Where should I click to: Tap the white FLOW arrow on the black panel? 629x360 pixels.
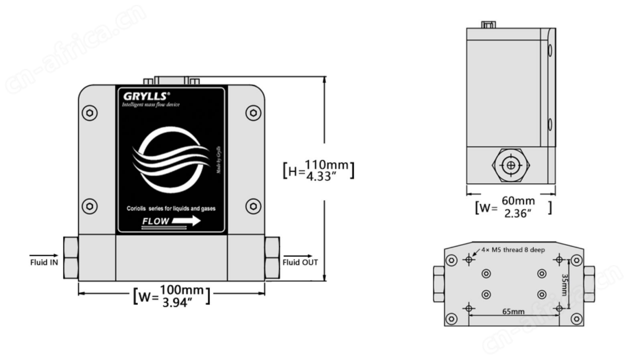coord(186,221)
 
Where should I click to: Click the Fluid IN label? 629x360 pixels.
coord(43,262)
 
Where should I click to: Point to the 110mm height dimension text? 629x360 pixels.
coord(326,165)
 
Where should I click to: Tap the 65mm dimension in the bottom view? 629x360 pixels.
coord(513,311)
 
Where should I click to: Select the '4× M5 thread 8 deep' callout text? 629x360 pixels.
coord(514,250)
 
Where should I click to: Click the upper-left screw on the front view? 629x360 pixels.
coord(89,113)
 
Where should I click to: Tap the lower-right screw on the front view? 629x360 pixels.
coord(253,205)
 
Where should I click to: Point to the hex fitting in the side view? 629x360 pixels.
coord(511,165)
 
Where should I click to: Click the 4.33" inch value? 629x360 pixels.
coord(326,175)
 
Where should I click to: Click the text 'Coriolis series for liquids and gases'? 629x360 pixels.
coord(171,208)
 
